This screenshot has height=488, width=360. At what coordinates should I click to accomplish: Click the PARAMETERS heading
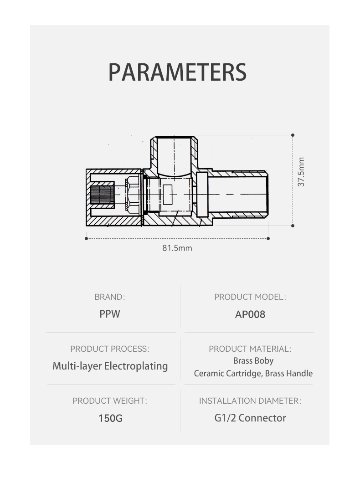click(x=177, y=72)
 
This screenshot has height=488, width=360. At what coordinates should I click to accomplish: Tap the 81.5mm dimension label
click(x=177, y=248)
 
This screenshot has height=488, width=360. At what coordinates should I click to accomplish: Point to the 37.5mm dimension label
click(x=301, y=172)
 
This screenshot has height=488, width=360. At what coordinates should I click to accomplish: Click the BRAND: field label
click(x=109, y=297)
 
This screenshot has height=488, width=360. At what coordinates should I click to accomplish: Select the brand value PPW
click(x=110, y=313)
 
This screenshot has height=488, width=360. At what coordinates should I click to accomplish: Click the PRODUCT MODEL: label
click(x=250, y=297)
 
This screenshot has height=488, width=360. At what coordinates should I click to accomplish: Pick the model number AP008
click(x=250, y=314)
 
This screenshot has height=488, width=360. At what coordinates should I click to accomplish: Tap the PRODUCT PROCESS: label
click(x=110, y=349)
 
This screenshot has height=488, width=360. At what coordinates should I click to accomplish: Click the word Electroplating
click(x=136, y=366)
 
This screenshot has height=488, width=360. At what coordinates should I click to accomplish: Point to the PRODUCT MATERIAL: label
click(x=250, y=349)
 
